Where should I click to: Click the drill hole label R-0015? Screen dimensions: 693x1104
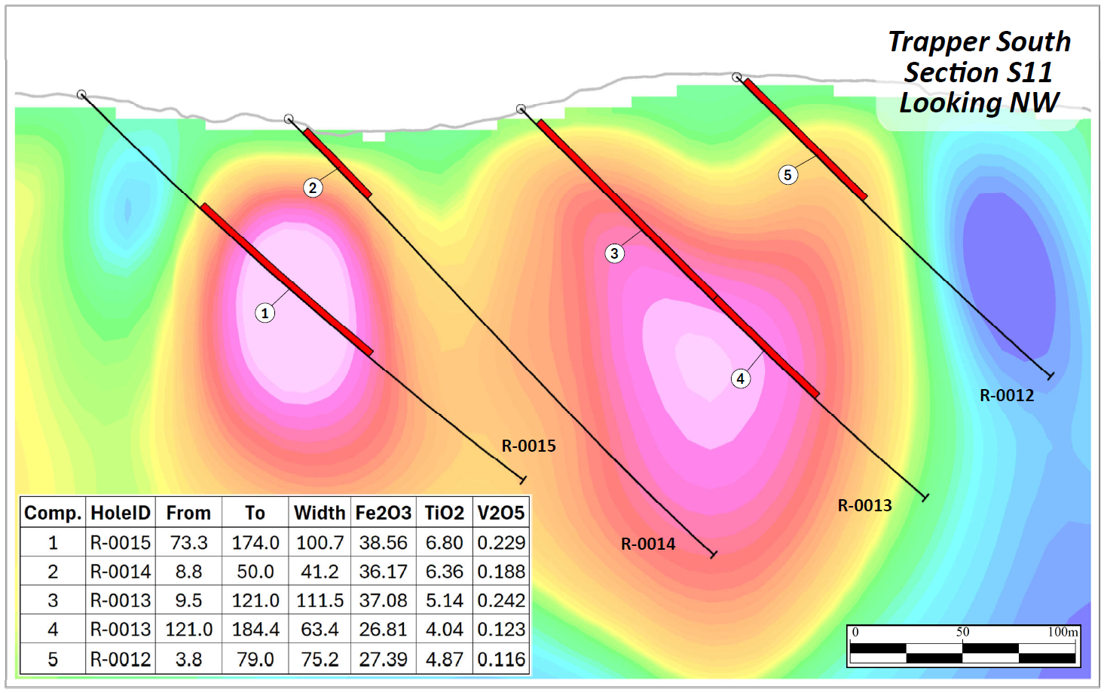click(528, 446)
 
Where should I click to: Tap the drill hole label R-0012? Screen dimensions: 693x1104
click(1006, 395)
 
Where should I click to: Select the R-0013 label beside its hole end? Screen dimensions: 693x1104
click(864, 505)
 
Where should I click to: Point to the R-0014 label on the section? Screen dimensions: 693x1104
click(647, 544)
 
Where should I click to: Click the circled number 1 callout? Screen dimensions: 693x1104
click(265, 313)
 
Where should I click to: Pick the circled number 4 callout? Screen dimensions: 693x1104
click(741, 379)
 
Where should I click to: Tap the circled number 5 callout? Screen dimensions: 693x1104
click(787, 175)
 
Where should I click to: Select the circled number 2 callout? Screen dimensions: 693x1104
click(313, 188)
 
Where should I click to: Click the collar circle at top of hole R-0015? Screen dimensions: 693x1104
click(81, 94)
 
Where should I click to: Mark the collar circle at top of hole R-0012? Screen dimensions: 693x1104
click(737, 77)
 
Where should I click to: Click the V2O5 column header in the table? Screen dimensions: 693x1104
click(500, 513)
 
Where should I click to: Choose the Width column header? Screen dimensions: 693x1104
click(320, 513)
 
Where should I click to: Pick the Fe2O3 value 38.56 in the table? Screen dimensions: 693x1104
click(383, 542)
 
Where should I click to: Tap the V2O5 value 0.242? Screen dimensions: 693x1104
click(501, 600)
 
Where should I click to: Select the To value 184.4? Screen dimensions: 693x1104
click(255, 629)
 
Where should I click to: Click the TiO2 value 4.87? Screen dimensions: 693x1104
click(444, 659)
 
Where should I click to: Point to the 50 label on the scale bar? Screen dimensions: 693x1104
click(962, 632)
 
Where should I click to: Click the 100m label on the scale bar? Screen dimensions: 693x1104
click(1063, 632)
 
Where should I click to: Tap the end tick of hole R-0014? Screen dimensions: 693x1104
click(713, 554)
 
